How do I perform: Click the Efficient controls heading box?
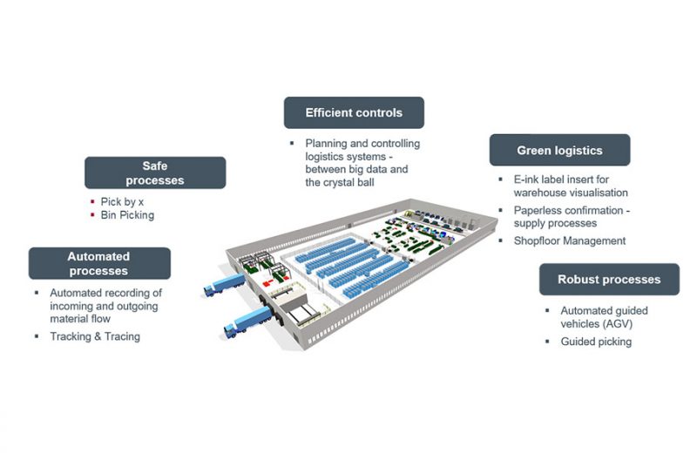pyautogui.click(x=354, y=113)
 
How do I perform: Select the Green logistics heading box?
pyautogui.click(x=559, y=150)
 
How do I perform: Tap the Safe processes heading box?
pyautogui.click(x=155, y=172)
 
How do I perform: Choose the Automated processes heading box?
pyautogui.click(x=99, y=263)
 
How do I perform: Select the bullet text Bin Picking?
pyautogui.click(x=127, y=214)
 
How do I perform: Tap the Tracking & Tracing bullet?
pyautogui.click(x=94, y=336)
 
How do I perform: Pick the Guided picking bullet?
pyautogui.click(x=596, y=342)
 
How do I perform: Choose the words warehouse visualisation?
pyautogui.click(x=571, y=193)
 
